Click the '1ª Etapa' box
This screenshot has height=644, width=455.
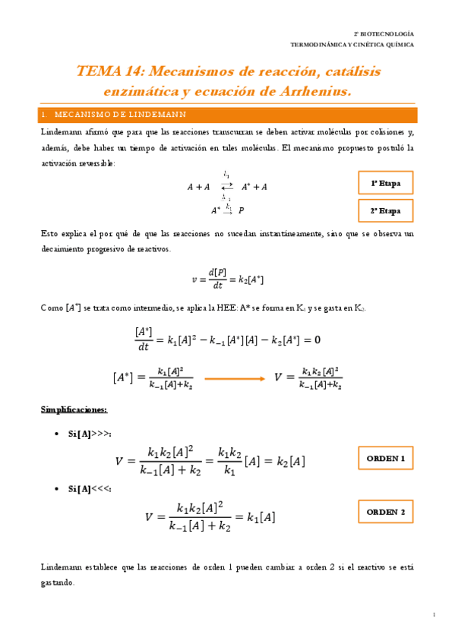(386, 184)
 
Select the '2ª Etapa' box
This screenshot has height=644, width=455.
(386, 210)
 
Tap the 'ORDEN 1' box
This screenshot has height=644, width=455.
(386, 459)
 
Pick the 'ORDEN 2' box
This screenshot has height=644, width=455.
(386, 513)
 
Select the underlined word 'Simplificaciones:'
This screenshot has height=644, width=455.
(74, 410)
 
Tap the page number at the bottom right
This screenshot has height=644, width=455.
(433, 614)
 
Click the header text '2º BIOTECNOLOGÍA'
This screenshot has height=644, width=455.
(384, 34)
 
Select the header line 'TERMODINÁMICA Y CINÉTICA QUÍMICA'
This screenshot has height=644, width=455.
(352, 45)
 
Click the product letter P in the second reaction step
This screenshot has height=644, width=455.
(242, 210)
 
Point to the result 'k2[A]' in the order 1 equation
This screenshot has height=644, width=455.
(289, 462)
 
